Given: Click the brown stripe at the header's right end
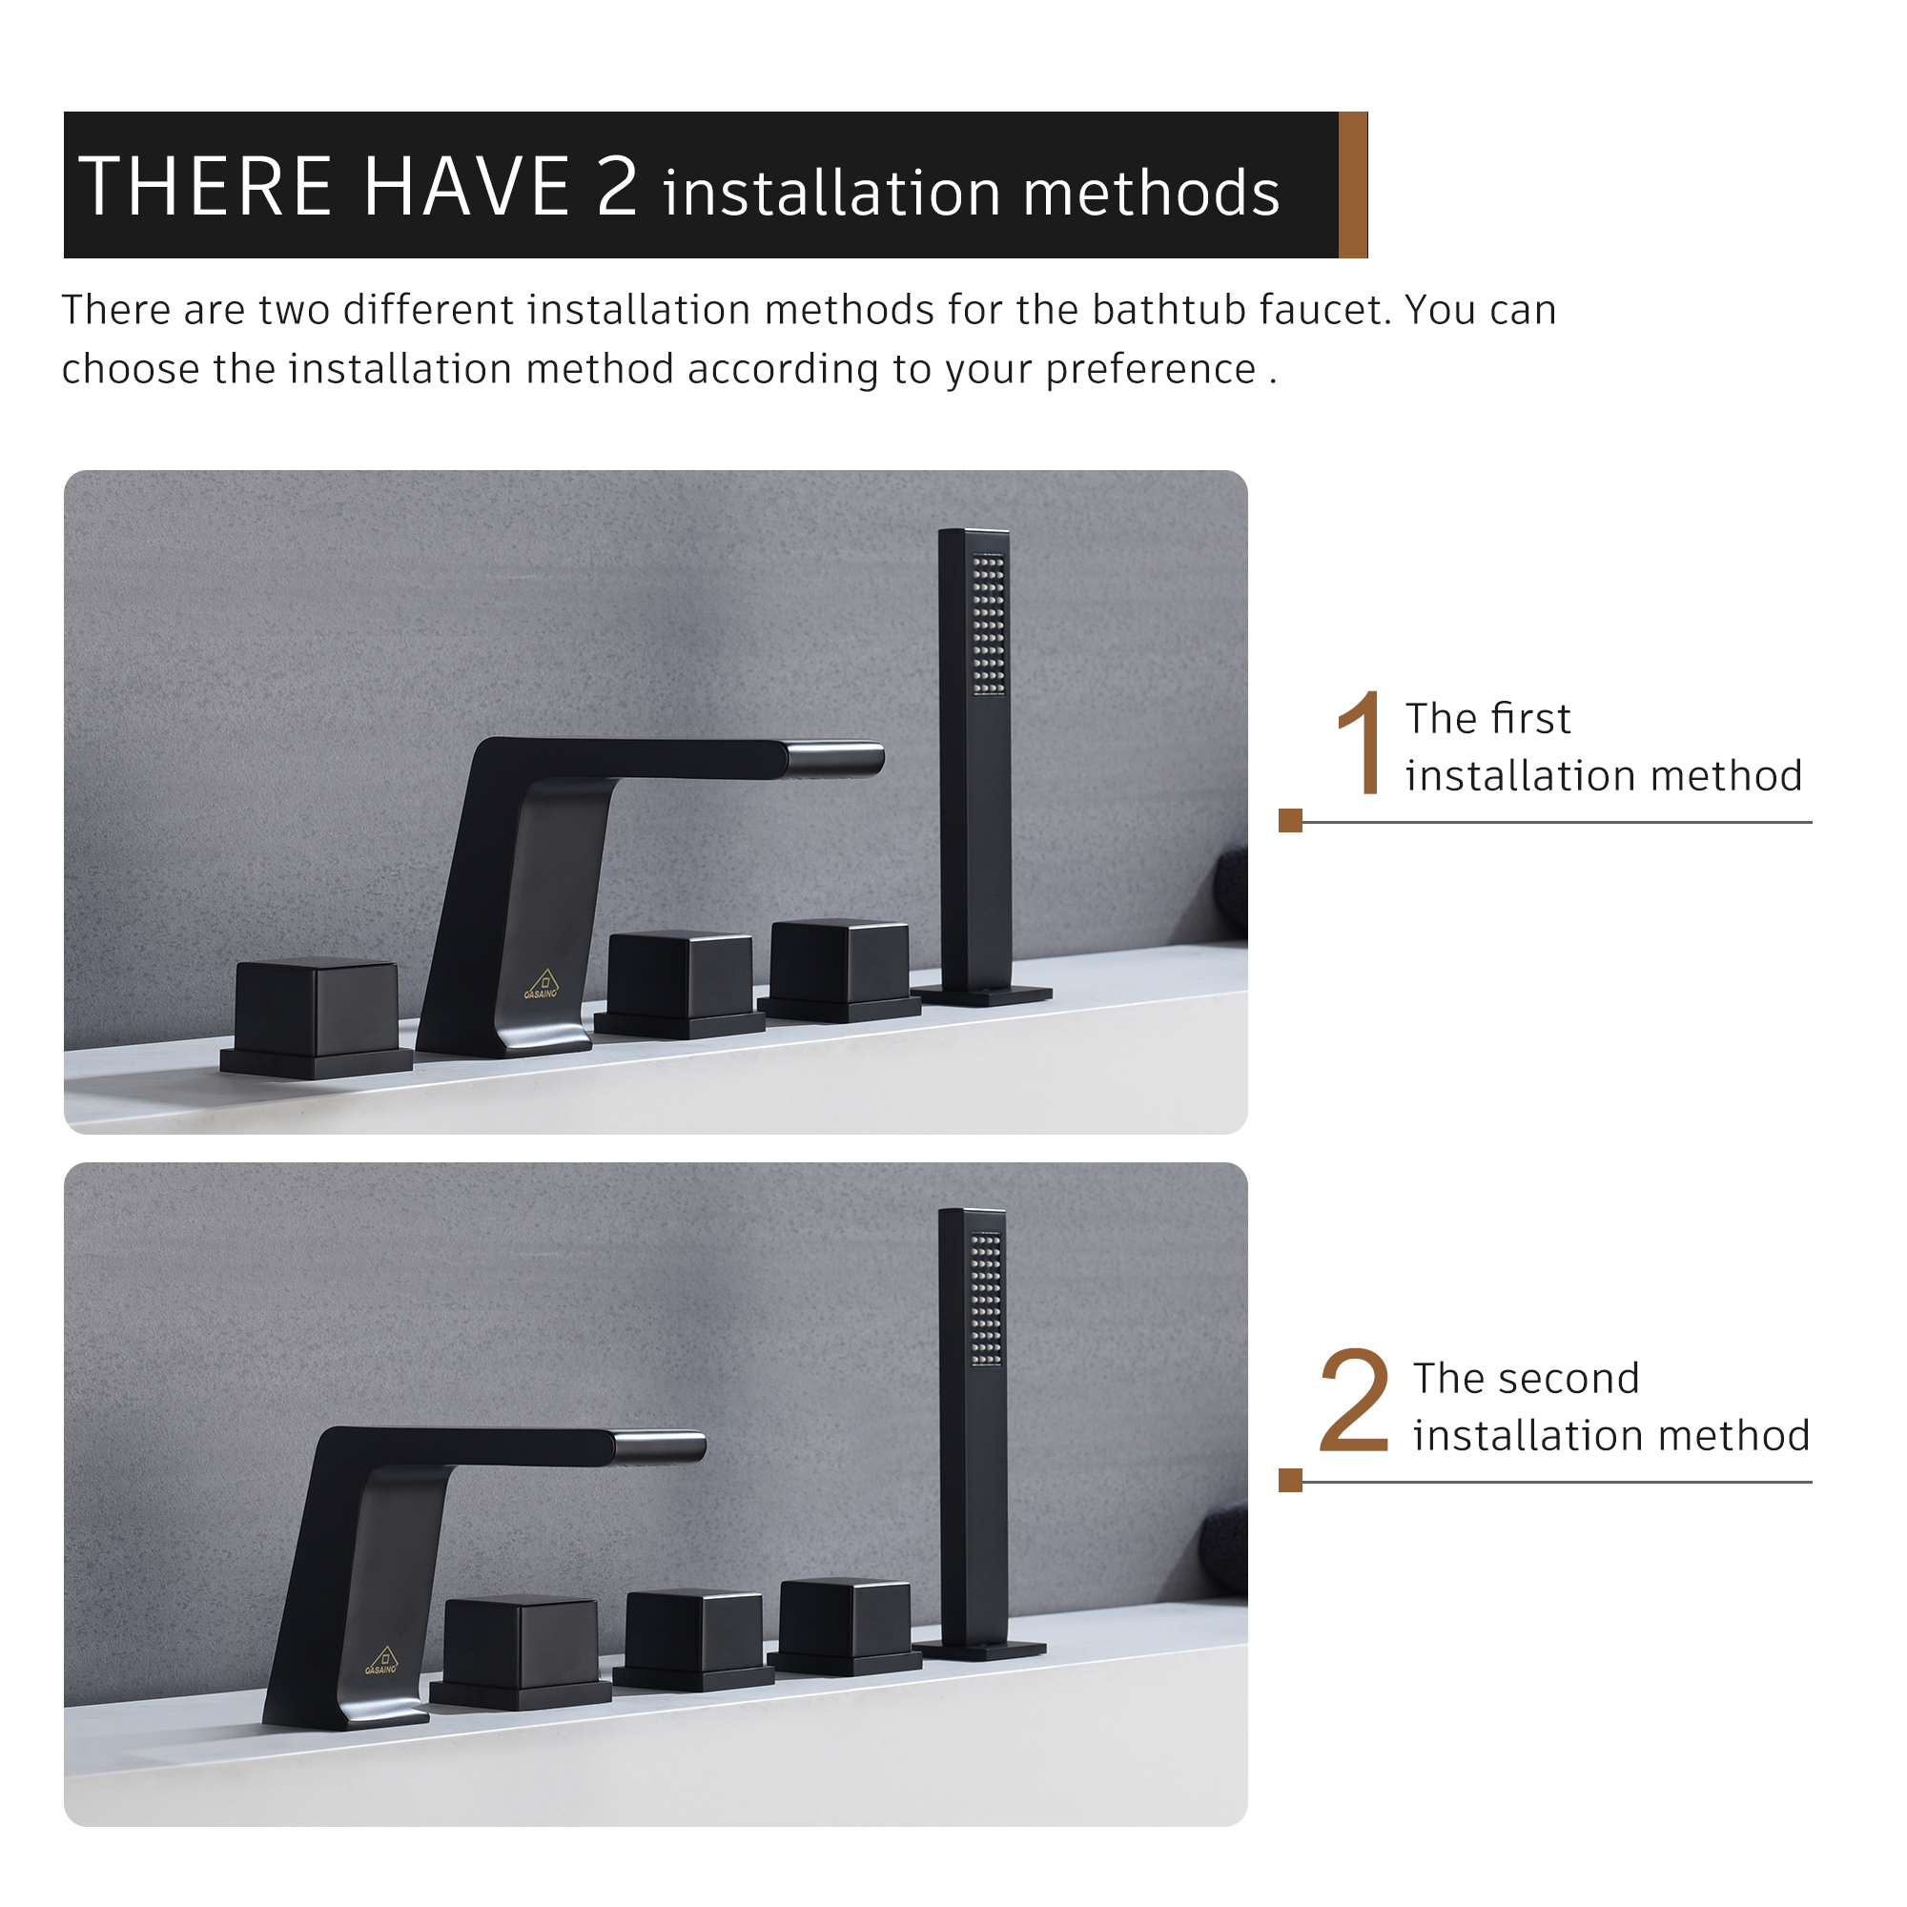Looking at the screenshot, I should point(1352,185).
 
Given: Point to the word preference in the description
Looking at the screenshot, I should point(1150,369).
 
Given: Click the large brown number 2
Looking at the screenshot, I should point(1354,1402).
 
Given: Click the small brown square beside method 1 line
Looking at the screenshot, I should point(1290,820).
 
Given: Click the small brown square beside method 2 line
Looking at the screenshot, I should point(1290,1480).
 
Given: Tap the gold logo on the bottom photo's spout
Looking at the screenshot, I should point(383,1660).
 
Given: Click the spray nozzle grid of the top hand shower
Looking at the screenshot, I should point(988,624).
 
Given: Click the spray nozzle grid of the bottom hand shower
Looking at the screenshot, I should point(986,1298).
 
